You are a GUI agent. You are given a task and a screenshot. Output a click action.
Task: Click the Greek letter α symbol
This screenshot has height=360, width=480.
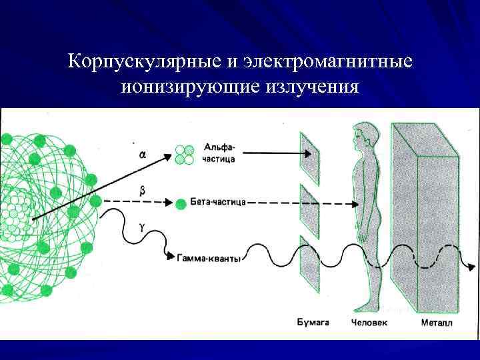click(143, 154)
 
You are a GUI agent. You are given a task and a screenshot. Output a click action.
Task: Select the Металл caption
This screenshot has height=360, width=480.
click(436, 323)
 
